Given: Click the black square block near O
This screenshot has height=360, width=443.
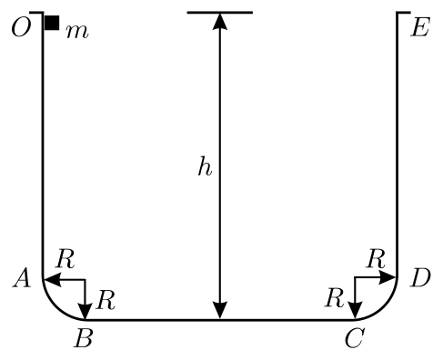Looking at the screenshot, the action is [52, 23].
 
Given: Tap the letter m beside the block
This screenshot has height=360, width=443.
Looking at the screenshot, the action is [77, 32].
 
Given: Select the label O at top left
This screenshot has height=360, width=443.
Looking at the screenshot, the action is [21, 28].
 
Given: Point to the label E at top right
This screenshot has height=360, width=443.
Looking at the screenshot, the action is [420, 28].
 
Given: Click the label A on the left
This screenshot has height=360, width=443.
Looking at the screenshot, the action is [22, 278].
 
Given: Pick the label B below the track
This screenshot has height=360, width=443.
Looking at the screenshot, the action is [84, 338].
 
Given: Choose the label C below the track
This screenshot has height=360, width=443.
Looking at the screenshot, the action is [354, 338].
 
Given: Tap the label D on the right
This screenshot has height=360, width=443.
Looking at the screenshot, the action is [420, 278].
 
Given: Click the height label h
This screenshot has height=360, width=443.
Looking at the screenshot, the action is [205, 166].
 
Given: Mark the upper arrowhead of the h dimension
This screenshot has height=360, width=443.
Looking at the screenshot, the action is [220, 21].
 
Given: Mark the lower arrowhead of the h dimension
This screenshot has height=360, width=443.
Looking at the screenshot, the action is [220, 311].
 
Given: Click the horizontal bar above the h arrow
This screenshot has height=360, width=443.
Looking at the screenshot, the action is [220, 13].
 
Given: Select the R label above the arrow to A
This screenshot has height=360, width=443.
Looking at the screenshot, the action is [65, 259].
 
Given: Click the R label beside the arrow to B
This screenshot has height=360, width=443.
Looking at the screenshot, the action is [106, 300].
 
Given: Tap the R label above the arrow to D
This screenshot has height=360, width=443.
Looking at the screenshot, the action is [376, 259].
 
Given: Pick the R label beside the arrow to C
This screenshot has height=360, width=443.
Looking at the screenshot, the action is [335, 298].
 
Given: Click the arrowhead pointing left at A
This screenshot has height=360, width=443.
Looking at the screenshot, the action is [53, 279].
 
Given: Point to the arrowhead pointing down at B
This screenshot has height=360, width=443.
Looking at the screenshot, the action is [86, 311].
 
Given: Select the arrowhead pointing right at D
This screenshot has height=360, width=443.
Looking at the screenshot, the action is [388, 277].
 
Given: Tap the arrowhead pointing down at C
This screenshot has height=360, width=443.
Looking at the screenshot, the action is [355, 311].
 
